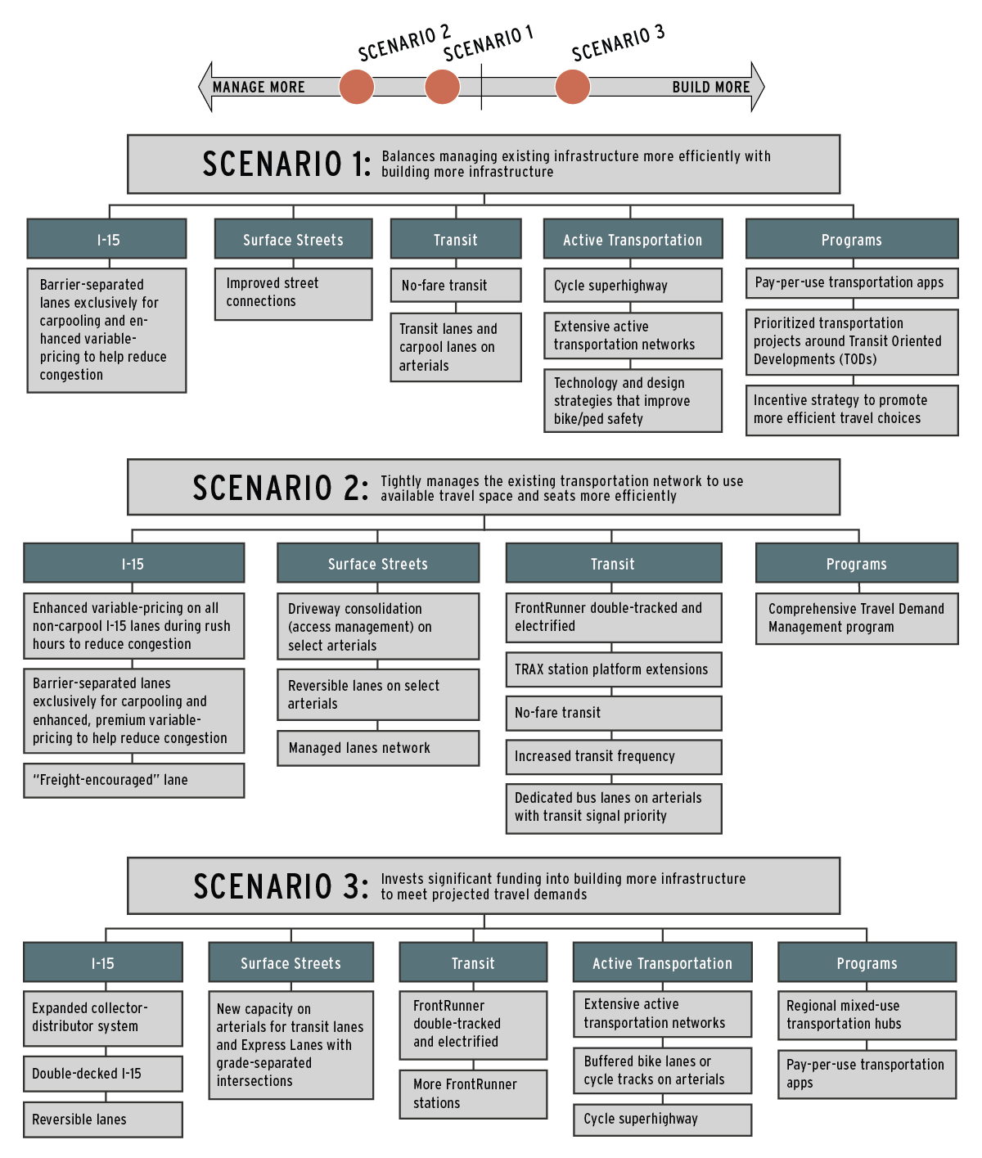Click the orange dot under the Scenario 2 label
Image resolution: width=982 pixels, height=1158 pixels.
(356, 87)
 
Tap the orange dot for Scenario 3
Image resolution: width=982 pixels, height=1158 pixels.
(572, 87)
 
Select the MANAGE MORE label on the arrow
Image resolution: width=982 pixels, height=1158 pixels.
(259, 88)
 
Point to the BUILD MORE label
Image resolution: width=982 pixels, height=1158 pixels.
(711, 88)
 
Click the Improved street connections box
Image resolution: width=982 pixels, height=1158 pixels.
(294, 294)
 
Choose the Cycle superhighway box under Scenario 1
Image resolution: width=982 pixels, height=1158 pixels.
(633, 285)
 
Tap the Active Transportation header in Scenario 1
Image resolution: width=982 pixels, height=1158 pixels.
(633, 239)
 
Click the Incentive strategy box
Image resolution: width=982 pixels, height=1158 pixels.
(852, 410)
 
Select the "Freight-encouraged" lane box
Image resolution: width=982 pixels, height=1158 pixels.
(134, 781)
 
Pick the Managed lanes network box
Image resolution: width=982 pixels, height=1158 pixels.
(378, 748)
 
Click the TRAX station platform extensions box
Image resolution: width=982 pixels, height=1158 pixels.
(614, 669)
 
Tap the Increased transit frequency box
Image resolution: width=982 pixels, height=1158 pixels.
(614, 757)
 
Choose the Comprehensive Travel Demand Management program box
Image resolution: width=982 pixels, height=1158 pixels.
(857, 619)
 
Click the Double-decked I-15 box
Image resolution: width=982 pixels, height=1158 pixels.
(103, 1074)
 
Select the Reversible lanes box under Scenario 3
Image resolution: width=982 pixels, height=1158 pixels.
(103, 1120)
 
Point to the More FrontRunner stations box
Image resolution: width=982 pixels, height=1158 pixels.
(473, 1094)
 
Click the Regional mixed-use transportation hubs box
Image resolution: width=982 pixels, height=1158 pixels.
(867, 1015)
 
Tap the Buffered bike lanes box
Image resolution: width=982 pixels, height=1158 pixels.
(663, 1070)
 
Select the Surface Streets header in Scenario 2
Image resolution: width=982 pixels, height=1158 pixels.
(378, 563)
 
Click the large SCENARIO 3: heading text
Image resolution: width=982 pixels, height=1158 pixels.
(281, 886)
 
